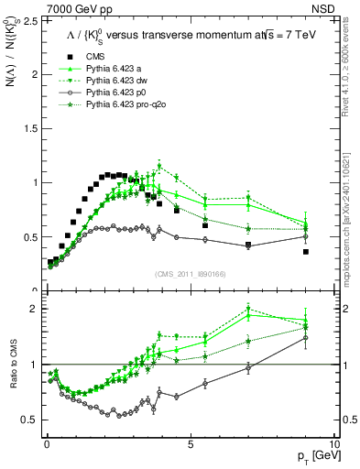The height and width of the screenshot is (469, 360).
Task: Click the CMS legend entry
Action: tap(89, 57)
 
